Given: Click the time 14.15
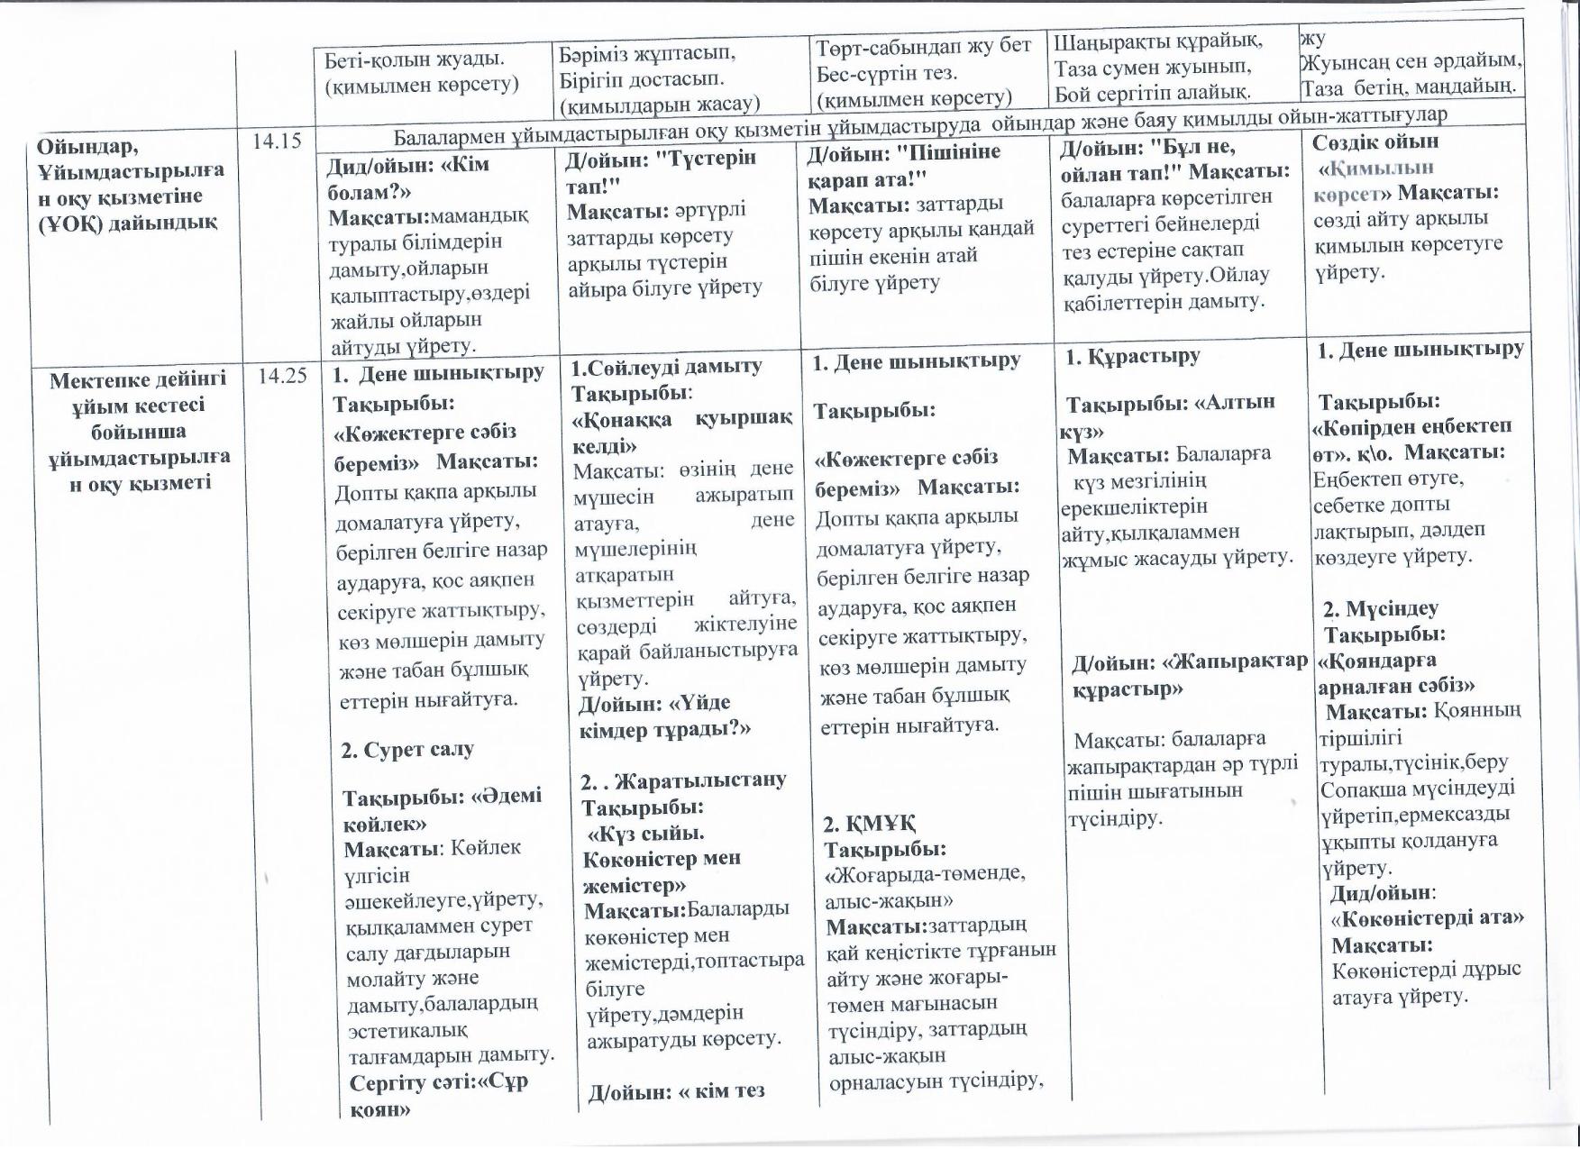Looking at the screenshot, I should point(281,141).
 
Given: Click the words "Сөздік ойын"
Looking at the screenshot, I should point(1375,142).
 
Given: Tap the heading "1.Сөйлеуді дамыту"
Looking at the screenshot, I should point(666,367).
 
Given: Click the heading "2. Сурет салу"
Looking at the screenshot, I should point(407,750).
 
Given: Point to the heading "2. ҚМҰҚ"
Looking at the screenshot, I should point(870,824).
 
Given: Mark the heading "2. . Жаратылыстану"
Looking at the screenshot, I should point(683,780).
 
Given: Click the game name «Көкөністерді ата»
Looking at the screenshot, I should point(1427,918).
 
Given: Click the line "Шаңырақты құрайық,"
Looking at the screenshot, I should point(1158,41).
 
